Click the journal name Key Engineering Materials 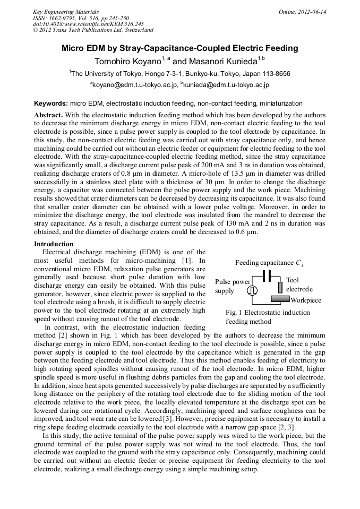(66, 12)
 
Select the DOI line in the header (88, 24)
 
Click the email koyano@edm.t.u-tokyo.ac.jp (135, 84)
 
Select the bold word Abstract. (48, 115)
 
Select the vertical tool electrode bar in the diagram (280, 287)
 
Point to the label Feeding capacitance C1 (269, 263)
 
